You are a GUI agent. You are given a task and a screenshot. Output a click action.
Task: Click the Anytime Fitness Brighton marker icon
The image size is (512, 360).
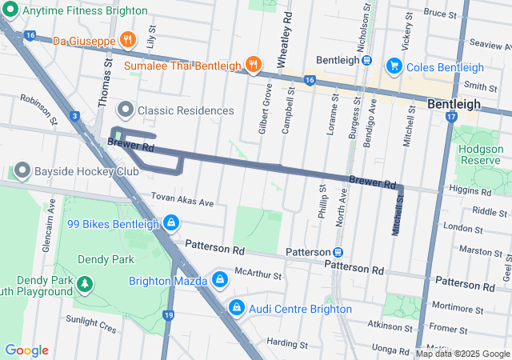click(x=10, y=11)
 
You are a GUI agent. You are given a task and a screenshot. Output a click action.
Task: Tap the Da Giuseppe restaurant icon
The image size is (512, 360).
click(x=126, y=40)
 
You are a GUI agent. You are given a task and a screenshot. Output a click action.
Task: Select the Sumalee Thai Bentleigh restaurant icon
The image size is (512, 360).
click(x=254, y=64)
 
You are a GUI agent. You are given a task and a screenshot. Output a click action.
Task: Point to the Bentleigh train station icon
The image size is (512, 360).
click(x=366, y=60)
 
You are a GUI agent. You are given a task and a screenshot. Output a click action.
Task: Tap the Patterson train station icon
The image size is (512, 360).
click(x=338, y=251)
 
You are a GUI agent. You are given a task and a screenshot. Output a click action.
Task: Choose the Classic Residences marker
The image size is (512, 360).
click(x=125, y=109)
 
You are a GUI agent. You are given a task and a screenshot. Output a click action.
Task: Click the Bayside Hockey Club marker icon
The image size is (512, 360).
click(x=20, y=171)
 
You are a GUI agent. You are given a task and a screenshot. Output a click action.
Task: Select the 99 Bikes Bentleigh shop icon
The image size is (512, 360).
click(x=170, y=222)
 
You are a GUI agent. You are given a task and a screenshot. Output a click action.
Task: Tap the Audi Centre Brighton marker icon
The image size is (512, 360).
click(x=237, y=307)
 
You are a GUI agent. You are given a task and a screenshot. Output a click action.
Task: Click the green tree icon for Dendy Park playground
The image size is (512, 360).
click(x=84, y=284)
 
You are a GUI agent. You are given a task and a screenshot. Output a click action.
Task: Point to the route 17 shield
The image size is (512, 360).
click(x=451, y=117)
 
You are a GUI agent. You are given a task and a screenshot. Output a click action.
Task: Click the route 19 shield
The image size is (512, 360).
click(x=168, y=315)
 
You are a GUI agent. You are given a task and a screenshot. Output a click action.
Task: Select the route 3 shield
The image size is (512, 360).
click(x=74, y=117)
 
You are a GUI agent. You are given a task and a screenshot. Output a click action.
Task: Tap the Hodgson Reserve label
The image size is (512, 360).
click(x=478, y=155)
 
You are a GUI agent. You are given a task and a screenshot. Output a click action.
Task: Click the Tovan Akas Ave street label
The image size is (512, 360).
click(x=182, y=202)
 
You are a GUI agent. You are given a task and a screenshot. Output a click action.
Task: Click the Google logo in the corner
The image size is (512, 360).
click(x=26, y=350)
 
